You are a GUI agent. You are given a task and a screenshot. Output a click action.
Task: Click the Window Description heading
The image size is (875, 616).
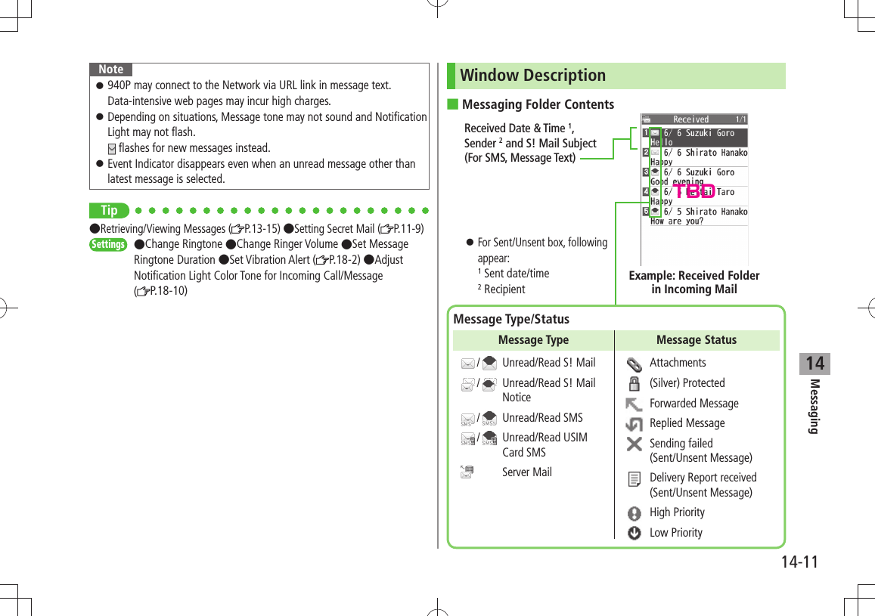click(x=532, y=76)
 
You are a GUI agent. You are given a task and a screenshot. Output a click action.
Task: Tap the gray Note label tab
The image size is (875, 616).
click(x=110, y=69)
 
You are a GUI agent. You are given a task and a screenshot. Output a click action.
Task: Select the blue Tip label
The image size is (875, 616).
click(x=109, y=210)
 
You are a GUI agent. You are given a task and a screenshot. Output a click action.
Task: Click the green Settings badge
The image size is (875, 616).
click(x=108, y=244)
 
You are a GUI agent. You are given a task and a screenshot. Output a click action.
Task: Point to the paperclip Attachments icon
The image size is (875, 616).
click(x=635, y=363)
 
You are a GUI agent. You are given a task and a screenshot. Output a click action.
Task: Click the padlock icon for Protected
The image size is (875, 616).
click(x=635, y=382)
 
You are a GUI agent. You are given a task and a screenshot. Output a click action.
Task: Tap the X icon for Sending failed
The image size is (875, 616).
click(x=635, y=444)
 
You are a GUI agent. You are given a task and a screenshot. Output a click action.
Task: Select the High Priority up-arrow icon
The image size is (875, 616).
click(x=635, y=512)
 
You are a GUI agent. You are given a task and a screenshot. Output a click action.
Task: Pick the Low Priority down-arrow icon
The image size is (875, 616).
click(x=635, y=533)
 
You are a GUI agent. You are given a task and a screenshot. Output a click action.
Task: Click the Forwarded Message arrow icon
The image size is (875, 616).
click(x=635, y=404)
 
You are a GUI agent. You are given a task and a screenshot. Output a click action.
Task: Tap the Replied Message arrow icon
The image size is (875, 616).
click(x=635, y=423)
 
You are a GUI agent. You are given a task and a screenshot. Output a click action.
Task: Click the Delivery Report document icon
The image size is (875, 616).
click(x=635, y=478)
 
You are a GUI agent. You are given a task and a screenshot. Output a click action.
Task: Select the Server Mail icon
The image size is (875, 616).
click(x=469, y=472)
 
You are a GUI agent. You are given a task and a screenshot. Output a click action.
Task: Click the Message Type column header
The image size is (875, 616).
click(x=533, y=340)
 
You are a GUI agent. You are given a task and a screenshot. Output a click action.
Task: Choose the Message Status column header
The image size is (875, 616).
click(x=696, y=340)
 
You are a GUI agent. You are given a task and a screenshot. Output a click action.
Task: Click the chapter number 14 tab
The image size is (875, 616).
click(x=814, y=364)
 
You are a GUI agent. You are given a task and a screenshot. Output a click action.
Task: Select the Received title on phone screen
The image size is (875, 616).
click(x=691, y=119)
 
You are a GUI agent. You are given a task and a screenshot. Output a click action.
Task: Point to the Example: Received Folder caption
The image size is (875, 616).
click(x=694, y=282)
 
